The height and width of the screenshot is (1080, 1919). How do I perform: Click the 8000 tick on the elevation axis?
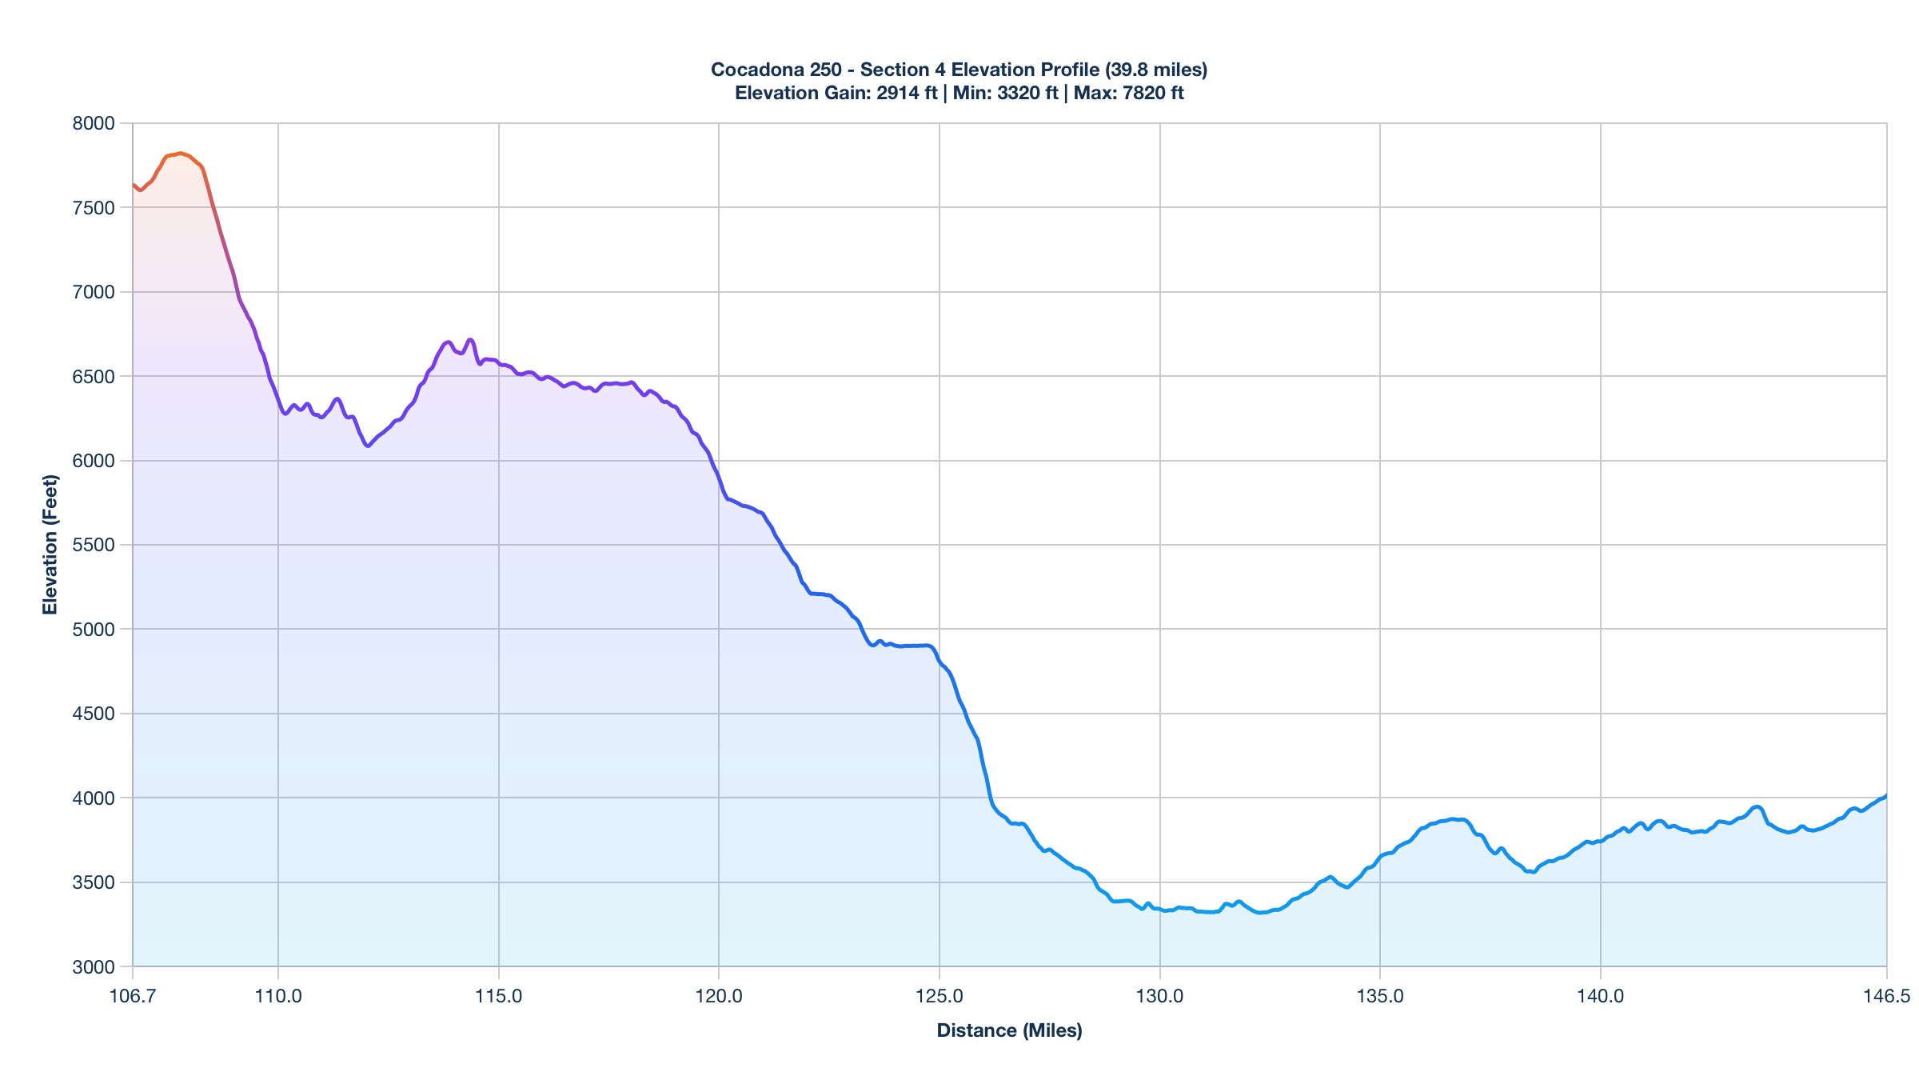click(94, 123)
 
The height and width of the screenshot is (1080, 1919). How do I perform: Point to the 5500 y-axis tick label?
click(94, 545)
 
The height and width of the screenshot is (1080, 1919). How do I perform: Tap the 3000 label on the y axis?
click(94, 967)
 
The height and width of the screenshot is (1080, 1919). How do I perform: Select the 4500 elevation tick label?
click(94, 714)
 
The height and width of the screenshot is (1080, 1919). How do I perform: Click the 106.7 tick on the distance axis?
click(133, 996)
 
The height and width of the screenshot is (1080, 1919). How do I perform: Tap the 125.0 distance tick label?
click(940, 996)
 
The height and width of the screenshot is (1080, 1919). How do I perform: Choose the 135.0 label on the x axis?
click(1380, 996)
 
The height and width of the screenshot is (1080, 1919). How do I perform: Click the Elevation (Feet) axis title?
click(50, 545)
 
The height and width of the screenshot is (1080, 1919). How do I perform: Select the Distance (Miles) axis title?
click(1009, 1030)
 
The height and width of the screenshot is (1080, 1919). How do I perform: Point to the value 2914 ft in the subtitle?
click(907, 93)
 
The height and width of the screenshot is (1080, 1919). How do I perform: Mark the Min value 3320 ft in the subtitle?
click(1027, 93)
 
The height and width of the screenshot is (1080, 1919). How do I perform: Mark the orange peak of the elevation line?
click(181, 153)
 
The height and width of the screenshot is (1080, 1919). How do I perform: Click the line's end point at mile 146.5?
click(1886, 795)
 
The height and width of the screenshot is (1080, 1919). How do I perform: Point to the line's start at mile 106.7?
click(134, 185)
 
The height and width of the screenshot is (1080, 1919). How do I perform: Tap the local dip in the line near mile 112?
click(367, 446)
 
